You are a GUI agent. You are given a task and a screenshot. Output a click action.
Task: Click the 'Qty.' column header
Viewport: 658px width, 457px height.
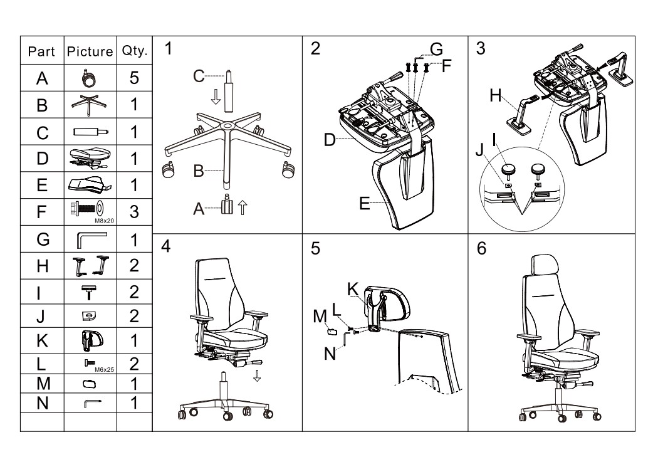[134, 51]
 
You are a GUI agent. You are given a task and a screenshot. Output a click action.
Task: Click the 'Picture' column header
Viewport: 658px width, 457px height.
[90, 51]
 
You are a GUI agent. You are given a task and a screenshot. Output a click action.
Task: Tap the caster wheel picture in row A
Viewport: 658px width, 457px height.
[90, 78]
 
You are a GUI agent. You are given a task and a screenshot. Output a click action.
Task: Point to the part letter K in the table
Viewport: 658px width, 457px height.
[42, 340]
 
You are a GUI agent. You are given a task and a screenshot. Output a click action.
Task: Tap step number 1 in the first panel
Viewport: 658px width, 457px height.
[167, 49]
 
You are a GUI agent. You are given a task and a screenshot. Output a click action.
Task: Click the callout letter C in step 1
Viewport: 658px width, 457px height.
[198, 76]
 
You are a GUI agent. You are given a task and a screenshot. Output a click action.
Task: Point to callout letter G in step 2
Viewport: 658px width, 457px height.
[436, 49]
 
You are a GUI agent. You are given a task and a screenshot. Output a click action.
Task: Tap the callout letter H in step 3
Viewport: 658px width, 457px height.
[495, 96]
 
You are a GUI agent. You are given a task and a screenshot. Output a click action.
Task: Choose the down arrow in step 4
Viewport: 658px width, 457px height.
[257, 376]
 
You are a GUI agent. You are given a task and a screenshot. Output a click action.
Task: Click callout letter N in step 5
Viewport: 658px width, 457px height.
[330, 354]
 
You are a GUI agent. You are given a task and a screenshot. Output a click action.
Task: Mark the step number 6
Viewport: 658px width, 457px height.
[481, 248]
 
